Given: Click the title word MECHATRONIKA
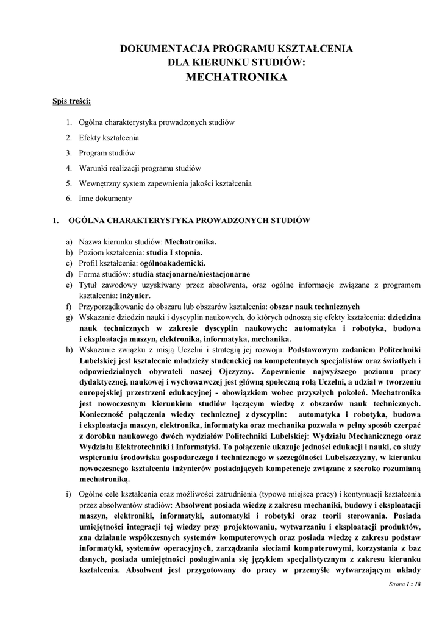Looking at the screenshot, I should [236, 77].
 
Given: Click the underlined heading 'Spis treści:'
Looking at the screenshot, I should [71, 101].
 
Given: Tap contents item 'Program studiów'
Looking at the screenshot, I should [107, 153].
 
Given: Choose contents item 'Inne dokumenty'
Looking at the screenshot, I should [105, 199].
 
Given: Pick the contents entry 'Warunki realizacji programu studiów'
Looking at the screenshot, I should [140, 168].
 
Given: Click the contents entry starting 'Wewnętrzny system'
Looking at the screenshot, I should [165, 183].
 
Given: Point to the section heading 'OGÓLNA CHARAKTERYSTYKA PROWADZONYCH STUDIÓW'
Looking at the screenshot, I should [190, 220].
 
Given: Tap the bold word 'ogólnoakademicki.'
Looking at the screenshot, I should [173, 263].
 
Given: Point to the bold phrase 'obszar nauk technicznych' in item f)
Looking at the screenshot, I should [315, 307].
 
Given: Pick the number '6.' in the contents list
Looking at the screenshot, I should [69, 199].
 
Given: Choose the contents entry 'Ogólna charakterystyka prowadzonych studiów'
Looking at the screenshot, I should [157, 122].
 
